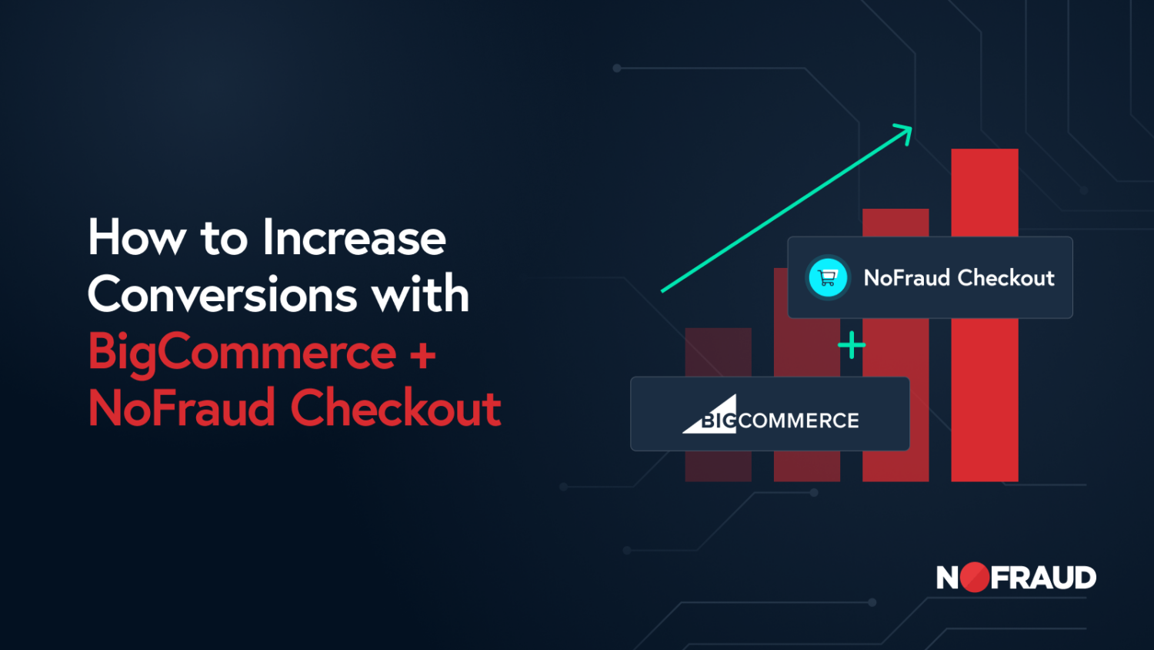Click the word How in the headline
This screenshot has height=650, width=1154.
click(137, 236)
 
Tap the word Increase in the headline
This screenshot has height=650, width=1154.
click(355, 236)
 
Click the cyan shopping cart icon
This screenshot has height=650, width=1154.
click(827, 277)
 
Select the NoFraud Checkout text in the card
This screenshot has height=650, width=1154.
click(959, 277)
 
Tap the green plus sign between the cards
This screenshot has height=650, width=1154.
click(852, 344)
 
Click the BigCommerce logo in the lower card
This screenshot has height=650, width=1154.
click(770, 414)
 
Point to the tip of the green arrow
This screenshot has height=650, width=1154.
click(912, 127)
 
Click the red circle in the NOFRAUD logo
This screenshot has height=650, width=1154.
click(974, 577)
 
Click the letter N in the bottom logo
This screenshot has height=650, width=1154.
click(947, 578)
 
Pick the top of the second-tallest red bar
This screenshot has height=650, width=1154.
click(896, 209)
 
